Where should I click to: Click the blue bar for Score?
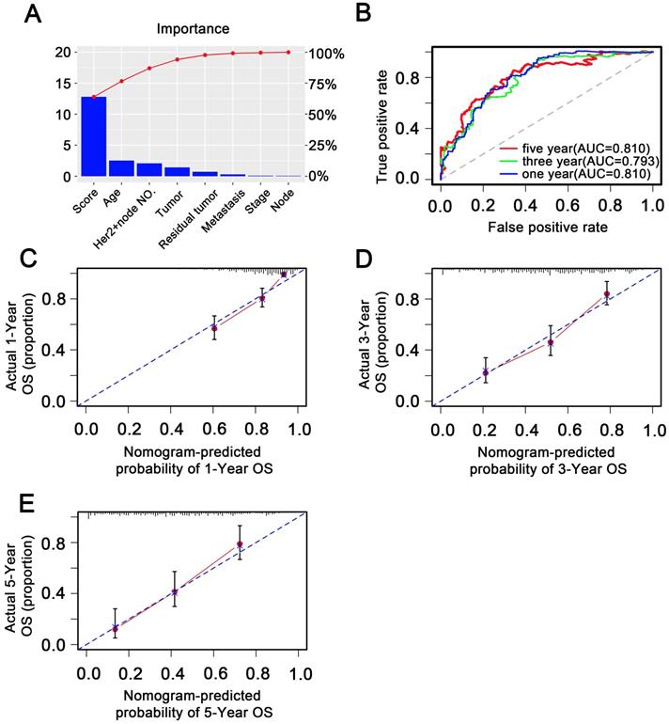[93, 136]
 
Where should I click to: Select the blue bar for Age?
[121, 168]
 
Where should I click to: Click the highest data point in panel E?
[240, 544]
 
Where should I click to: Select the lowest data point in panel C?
[214, 328]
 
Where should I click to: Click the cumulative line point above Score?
[93, 97]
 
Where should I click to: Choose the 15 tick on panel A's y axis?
[61, 83]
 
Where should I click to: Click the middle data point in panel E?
[175, 592]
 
